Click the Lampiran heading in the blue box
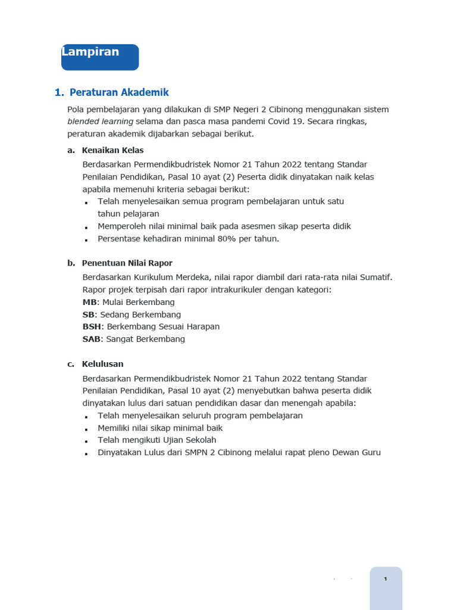[90, 52]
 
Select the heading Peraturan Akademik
[119, 92]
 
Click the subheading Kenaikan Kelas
[113, 150]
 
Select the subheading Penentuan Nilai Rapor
[127, 263]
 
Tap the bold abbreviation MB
[89, 302]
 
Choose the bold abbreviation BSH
[92, 326]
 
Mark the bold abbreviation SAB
[92, 339]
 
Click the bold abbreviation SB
[89, 315]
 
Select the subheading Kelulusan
[103, 364]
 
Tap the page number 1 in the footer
[386, 579]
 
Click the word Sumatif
[375, 277]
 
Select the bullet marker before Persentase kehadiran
[86, 240]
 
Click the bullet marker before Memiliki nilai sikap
[86, 429]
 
